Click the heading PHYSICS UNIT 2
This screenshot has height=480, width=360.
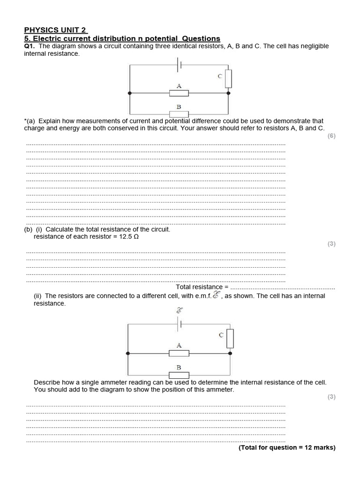(x=55, y=30)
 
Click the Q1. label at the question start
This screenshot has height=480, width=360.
(x=30, y=46)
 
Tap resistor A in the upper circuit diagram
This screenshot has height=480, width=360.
(x=179, y=93)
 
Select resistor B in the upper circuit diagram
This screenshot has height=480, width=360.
(x=179, y=114)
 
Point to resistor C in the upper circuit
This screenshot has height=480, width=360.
(x=228, y=79)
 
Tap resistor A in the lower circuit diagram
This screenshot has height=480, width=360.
(x=179, y=353)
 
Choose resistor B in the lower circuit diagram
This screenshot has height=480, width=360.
(x=179, y=375)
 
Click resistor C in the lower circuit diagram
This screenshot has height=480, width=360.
(x=230, y=338)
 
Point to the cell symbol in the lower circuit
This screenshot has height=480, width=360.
(x=179, y=323)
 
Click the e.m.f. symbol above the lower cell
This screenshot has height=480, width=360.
(x=179, y=310)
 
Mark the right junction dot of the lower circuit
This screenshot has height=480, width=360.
(x=230, y=353)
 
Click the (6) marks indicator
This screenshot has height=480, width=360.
(x=331, y=136)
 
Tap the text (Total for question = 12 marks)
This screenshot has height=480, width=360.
(x=287, y=448)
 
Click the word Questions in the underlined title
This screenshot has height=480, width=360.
(x=201, y=38)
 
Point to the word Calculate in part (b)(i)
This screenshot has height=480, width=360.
(x=60, y=230)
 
